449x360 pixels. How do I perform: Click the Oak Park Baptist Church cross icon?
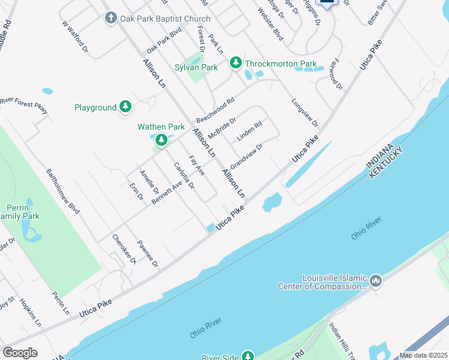(110, 18)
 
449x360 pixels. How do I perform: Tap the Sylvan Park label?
(196, 68)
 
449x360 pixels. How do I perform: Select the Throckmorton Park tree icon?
(236, 63)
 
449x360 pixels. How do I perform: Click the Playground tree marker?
(125, 107)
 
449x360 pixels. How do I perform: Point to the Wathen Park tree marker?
(161, 140)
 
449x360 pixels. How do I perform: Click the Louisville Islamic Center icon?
(376, 281)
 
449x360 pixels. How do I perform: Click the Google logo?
(20, 353)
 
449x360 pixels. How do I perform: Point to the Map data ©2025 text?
(423, 355)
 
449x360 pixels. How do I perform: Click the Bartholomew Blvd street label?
(63, 191)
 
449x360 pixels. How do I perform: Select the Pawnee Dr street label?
(147, 254)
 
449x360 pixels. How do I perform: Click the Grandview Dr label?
(247, 155)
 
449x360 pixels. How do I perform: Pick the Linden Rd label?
(249, 132)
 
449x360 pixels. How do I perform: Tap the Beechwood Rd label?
(214, 110)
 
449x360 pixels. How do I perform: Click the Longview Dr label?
(305, 113)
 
